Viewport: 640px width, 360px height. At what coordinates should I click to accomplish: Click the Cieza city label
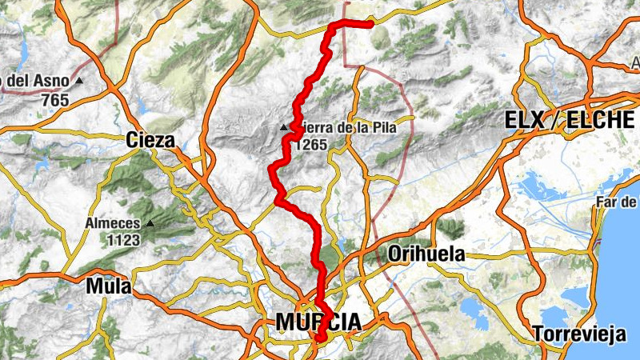click(x=150, y=141)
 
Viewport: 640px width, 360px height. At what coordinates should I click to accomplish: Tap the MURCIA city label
click(x=318, y=322)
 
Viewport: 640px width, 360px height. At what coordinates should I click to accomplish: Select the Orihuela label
click(x=426, y=254)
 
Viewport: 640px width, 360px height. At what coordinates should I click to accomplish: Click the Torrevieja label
click(x=580, y=334)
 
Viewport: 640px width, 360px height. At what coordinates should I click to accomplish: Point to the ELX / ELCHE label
click(x=570, y=121)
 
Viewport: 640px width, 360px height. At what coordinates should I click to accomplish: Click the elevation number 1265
click(x=310, y=145)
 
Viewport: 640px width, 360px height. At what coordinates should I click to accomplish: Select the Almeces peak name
click(x=114, y=224)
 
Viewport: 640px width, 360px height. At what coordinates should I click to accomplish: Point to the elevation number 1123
click(x=114, y=239)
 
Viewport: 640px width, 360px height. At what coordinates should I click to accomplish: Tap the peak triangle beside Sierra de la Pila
click(x=284, y=128)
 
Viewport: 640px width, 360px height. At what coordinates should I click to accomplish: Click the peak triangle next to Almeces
click(x=150, y=223)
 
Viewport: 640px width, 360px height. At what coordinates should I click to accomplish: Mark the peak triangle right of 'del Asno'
click(x=78, y=81)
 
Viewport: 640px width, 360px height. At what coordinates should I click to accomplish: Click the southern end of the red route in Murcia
click(x=319, y=339)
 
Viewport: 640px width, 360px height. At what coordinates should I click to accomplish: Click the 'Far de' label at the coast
click(x=617, y=202)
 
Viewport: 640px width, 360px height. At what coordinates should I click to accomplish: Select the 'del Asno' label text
click(x=35, y=81)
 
